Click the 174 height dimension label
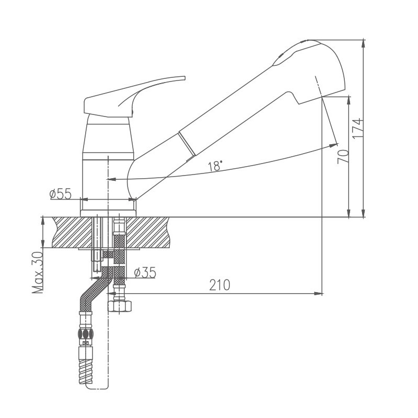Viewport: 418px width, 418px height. point(358,128)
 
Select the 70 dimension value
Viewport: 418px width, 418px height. point(343,157)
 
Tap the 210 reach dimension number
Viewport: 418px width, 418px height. point(219,285)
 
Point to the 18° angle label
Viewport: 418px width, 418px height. point(215,166)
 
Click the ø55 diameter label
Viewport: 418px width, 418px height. point(61,193)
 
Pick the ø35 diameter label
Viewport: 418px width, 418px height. point(145,272)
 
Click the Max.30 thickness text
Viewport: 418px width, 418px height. point(37,272)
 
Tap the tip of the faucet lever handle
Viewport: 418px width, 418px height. point(184,78)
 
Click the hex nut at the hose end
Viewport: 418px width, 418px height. point(120,306)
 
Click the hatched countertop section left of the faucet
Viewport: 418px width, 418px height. point(72,233)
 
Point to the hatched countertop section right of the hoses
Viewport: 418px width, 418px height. point(147,233)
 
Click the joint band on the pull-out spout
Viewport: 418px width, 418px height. point(187,143)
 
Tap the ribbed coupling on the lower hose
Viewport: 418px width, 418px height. point(86,333)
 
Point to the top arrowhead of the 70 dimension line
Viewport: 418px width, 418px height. point(349,101)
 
